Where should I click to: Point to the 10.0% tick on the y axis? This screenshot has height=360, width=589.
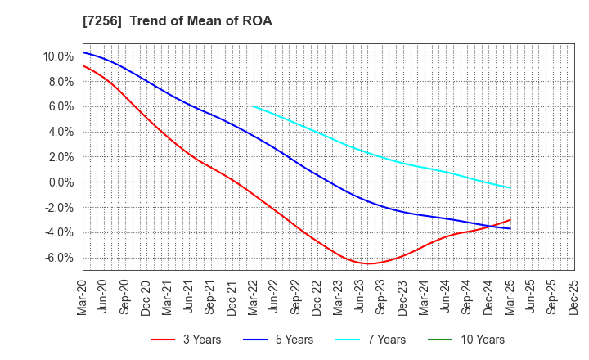click(x=59, y=56)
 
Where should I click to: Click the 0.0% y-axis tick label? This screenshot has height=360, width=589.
click(x=61, y=182)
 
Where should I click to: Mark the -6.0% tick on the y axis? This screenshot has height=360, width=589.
click(x=60, y=258)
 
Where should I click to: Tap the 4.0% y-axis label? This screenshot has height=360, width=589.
click(x=61, y=132)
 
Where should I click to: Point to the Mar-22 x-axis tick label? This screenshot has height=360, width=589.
click(x=254, y=297)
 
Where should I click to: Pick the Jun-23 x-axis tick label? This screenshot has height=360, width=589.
click(x=360, y=297)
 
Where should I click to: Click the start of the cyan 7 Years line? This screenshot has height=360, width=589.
click(x=254, y=106)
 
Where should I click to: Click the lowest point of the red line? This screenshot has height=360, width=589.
click(x=370, y=263)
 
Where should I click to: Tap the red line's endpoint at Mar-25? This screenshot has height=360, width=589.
click(x=510, y=219)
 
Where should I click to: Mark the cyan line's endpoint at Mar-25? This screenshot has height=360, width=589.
click(x=510, y=188)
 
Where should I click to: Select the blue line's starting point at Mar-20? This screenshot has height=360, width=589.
click(x=83, y=52)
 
